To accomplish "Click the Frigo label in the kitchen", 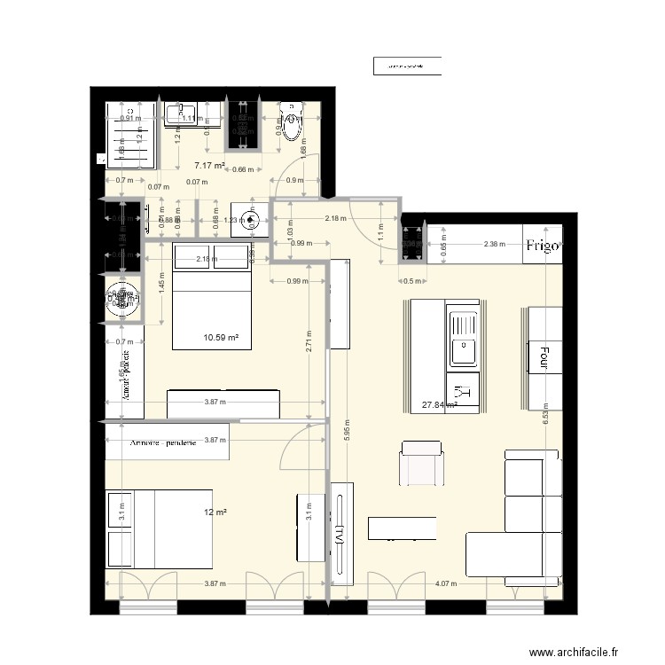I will click(x=542, y=246).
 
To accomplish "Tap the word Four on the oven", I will click(x=537, y=357).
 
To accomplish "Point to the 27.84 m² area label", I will click(x=439, y=405).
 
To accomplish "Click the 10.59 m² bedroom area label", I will click(x=221, y=337).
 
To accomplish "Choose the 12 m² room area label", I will click(x=214, y=512).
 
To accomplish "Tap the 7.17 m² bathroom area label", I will click(x=209, y=165).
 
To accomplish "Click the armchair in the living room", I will click(x=422, y=464).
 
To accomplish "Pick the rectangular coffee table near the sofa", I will click(x=402, y=528).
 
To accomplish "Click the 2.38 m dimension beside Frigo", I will click(x=495, y=244).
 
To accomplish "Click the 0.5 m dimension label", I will click(x=411, y=281).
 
